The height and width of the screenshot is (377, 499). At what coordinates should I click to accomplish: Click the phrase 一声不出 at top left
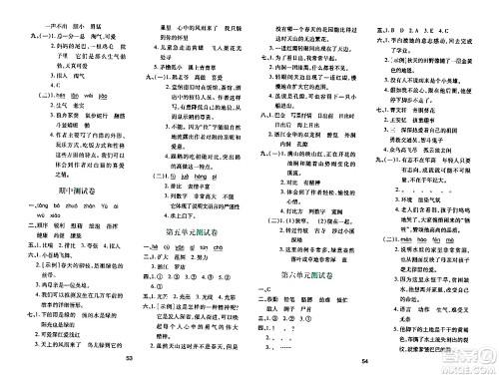pyautogui.click(x=28, y=7)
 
